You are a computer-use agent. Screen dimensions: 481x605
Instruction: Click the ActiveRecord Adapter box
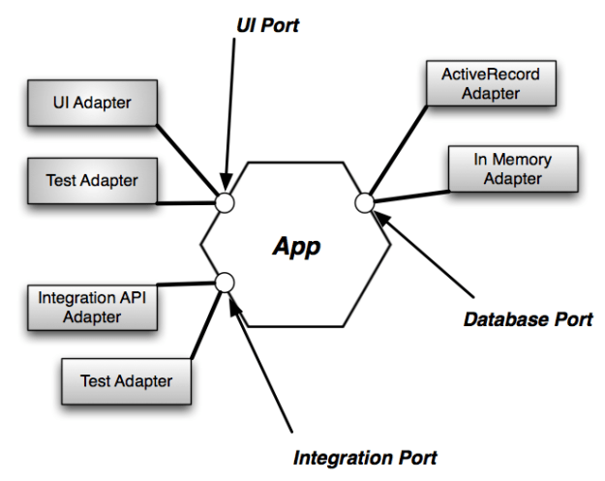(x=492, y=83)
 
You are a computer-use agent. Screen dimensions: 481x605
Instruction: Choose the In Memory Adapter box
(x=513, y=168)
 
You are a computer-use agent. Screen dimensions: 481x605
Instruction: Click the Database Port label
(x=528, y=317)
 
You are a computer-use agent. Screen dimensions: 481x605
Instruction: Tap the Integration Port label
(x=365, y=456)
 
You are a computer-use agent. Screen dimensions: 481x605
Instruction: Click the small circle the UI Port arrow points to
(x=225, y=202)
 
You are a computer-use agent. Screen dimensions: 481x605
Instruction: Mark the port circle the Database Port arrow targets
(x=365, y=202)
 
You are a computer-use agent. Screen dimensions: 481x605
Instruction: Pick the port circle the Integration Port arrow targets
(x=225, y=283)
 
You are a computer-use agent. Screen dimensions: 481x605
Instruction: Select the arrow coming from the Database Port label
(x=426, y=253)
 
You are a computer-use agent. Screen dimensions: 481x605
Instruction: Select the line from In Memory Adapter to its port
(x=411, y=192)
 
